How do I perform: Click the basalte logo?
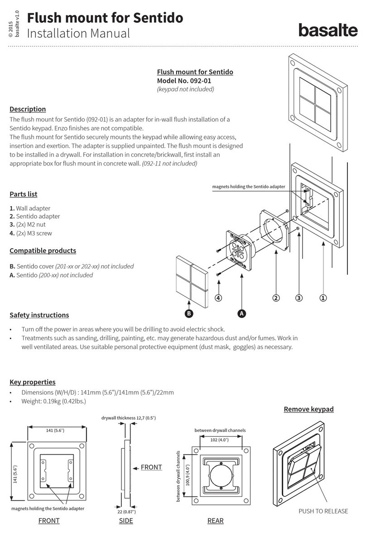[327, 30]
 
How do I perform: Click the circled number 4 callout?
[219, 298]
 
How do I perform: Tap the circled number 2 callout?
[275, 298]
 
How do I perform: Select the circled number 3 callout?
[299, 298]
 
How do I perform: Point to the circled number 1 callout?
[323, 298]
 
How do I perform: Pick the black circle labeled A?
[241, 314]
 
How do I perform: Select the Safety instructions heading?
[39, 315]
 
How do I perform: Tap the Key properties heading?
[33, 382]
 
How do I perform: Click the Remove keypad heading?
[308, 409]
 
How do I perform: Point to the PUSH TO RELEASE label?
[323, 511]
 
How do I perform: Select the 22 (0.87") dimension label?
[126, 512]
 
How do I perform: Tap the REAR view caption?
[215, 521]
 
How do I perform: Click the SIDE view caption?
[126, 521]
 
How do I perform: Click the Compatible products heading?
[43, 250]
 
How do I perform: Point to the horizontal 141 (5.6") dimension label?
[57, 431]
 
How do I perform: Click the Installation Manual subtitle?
[78, 33]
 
